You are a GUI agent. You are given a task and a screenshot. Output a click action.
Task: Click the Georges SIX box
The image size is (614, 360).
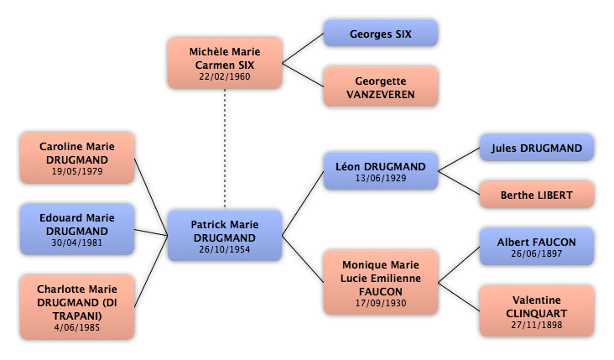point(381,34)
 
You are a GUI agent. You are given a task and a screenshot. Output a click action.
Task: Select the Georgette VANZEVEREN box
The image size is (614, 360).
point(381,87)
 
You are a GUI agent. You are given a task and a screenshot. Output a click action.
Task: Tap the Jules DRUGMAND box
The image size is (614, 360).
point(537,148)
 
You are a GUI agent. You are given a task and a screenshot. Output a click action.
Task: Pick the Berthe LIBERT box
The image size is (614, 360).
point(537,195)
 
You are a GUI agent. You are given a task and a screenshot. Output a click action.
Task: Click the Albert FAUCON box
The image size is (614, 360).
point(537,247)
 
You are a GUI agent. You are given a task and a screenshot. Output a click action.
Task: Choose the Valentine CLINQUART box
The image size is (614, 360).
point(537,311)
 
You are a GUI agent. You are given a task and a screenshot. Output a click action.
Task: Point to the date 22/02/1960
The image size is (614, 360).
point(224,76)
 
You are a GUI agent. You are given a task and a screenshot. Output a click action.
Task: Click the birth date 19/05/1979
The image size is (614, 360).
point(77,171)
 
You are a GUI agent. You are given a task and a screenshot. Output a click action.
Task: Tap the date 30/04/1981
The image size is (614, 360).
point(77,243)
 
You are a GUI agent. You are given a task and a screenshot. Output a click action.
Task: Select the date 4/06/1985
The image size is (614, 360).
point(77,327)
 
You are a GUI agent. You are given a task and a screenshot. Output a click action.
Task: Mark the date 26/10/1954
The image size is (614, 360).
point(224,249)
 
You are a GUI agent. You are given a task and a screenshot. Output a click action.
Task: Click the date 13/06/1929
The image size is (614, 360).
point(381,178)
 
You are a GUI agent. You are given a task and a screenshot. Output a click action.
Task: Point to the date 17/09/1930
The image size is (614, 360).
point(381,303)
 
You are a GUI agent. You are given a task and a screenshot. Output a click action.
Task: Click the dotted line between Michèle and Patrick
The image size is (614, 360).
point(225,149)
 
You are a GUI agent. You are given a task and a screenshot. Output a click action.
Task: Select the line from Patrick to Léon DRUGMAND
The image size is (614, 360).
point(303,203)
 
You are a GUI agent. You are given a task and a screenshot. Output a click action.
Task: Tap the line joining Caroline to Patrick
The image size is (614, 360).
point(151,197)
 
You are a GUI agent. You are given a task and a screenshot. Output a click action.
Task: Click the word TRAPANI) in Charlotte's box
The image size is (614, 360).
point(77,316)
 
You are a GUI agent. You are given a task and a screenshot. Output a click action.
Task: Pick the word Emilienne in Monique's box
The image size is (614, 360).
point(402,278)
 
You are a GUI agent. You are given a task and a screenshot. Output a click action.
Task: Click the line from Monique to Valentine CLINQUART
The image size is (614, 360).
point(459,297)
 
